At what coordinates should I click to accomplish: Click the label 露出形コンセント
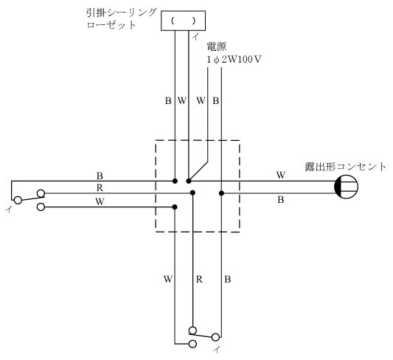[x=346, y=167]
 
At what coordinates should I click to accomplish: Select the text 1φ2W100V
[x=234, y=60]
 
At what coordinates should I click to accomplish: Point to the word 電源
[x=216, y=46]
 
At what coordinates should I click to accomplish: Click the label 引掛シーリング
[x=122, y=13]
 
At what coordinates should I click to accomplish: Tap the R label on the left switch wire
[x=100, y=188]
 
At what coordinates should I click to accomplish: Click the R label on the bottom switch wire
[x=199, y=280]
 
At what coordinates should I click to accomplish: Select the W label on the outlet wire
[x=281, y=175]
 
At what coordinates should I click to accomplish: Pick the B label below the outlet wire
[x=281, y=200]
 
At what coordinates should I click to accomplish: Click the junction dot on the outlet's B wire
[x=221, y=193]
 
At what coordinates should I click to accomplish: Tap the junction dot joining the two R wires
[x=192, y=193]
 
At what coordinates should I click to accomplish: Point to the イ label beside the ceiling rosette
[x=195, y=37]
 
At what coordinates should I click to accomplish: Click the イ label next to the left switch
[x=9, y=209]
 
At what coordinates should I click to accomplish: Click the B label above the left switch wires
[x=100, y=176]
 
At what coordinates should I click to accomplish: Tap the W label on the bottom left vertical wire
[x=168, y=280]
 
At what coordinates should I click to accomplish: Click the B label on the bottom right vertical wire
[x=228, y=280]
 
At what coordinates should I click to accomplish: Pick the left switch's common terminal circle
[x=18, y=201]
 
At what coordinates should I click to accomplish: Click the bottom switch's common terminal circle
[x=215, y=337]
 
